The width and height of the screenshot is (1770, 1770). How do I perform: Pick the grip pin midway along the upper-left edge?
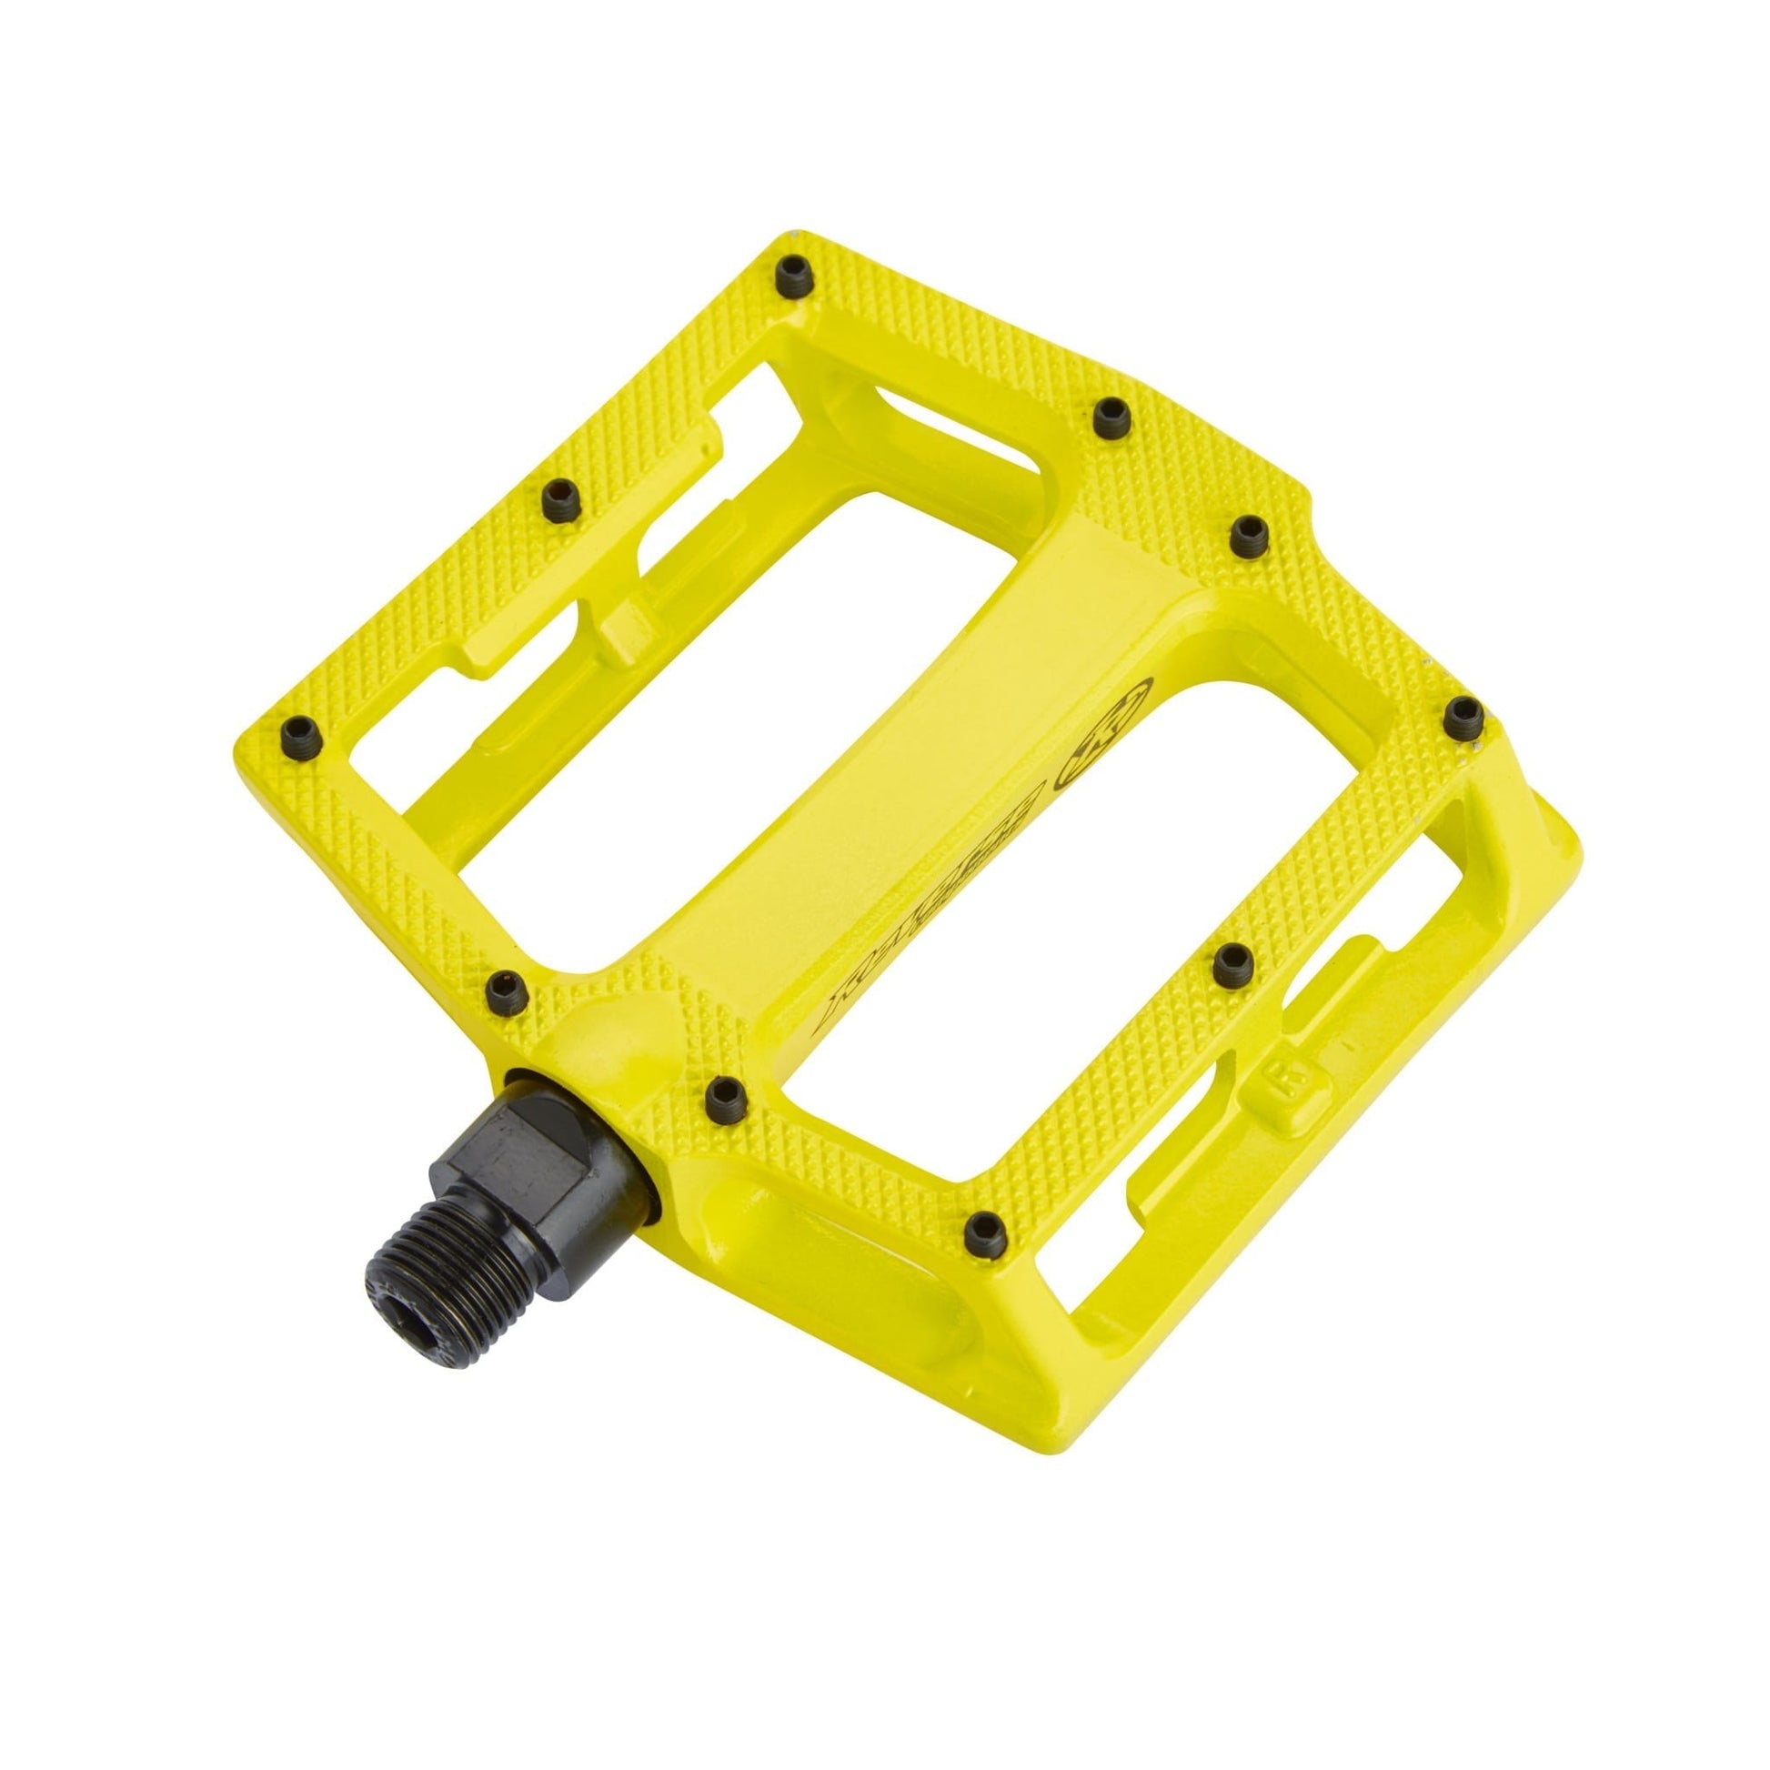[557, 496]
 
